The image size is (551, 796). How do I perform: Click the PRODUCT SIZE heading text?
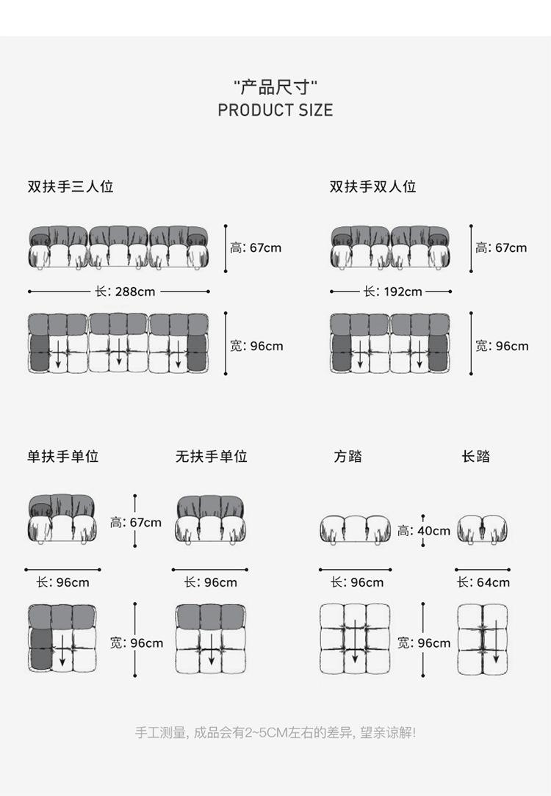(275, 110)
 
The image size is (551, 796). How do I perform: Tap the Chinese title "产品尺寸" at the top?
(275, 87)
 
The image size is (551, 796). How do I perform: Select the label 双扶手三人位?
(71, 187)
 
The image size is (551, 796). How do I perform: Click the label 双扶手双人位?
(372, 187)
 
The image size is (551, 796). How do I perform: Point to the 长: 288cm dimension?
(125, 292)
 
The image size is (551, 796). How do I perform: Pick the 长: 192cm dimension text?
(392, 292)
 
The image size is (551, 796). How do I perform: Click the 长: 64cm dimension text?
(483, 582)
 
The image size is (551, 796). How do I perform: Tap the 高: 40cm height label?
(424, 530)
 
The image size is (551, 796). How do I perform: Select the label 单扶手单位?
(63, 457)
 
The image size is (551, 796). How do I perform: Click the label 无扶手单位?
(211, 457)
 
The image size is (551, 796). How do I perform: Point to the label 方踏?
(348, 457)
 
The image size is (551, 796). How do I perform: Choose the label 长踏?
(476, 457)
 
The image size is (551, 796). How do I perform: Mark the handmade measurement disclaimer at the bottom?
(275, 732)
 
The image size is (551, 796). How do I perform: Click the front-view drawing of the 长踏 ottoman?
(483, 529)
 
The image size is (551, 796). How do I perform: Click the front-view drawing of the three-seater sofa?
(118, 247)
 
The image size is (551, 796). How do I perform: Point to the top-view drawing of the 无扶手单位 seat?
(210, 638)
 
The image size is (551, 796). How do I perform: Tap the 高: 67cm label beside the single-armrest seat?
(136, 523)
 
